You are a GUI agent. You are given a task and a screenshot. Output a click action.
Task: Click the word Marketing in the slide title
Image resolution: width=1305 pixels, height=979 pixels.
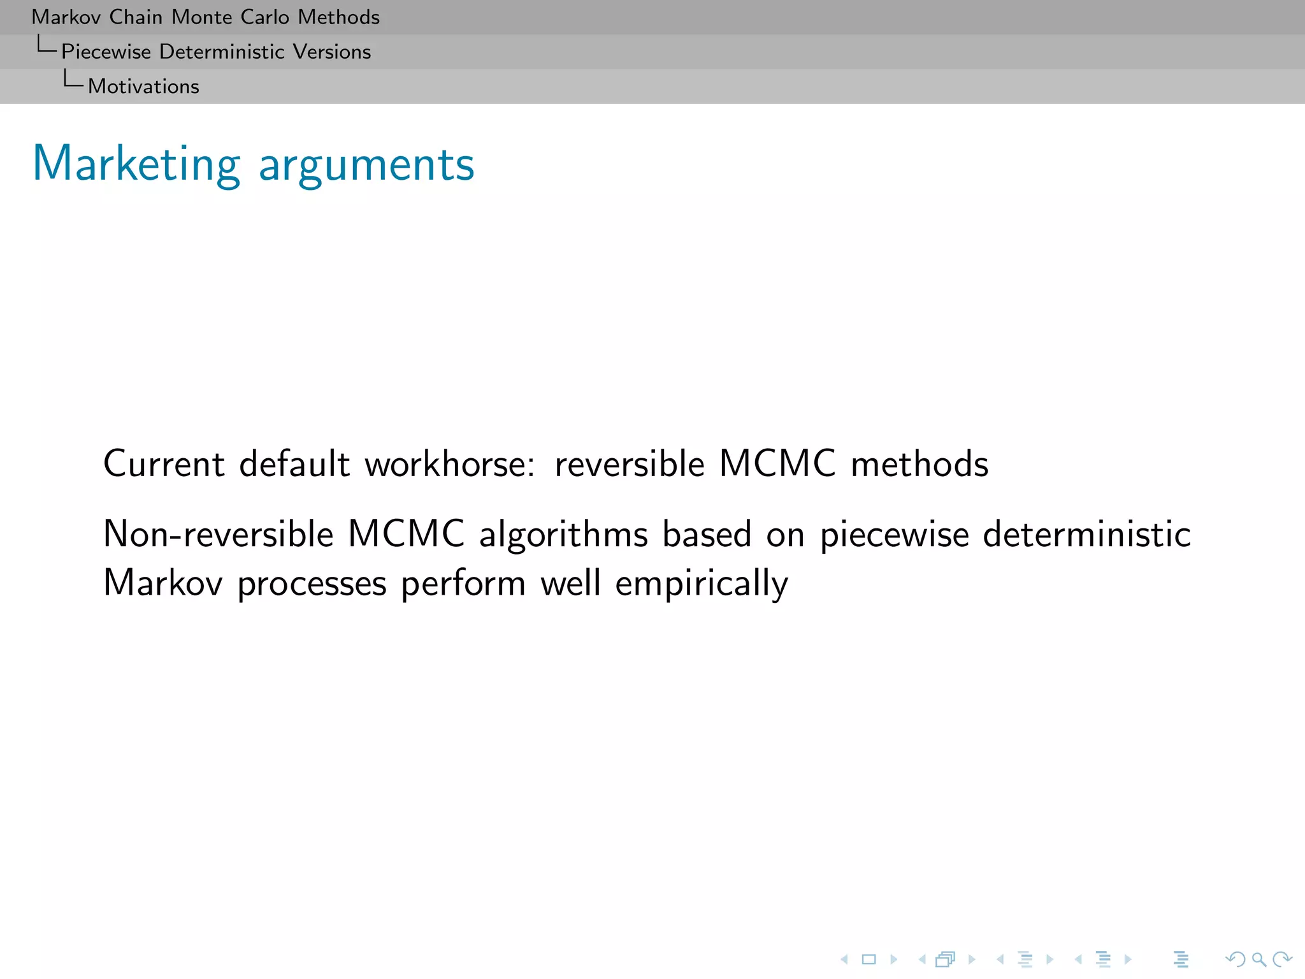(136, 164)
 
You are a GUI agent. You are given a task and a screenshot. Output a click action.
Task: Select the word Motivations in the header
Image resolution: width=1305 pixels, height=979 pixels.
(143, 87)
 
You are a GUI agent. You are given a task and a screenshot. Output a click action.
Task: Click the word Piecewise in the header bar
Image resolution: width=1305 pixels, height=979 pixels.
(106, 52)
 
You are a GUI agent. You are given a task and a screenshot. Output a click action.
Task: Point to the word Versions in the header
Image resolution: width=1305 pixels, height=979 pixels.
(331, 52)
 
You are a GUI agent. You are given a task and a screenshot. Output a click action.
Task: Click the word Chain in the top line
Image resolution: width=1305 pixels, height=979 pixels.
(135, 17)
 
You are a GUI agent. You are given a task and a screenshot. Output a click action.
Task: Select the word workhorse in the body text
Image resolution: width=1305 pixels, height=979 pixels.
(449, 463)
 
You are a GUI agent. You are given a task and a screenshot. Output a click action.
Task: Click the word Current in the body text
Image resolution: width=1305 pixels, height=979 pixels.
(164, 463)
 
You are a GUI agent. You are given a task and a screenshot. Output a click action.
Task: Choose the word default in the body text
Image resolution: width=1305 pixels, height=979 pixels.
(294, 463)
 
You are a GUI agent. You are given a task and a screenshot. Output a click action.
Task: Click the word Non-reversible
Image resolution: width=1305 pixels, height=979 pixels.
(218, 533)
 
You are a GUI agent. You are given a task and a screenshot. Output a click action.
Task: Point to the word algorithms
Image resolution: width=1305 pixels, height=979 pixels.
(563, 535)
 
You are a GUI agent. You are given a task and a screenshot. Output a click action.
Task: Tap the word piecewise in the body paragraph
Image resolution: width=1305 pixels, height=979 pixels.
(894, 535)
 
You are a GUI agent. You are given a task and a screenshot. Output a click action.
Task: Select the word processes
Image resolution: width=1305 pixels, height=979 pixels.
(312, 584)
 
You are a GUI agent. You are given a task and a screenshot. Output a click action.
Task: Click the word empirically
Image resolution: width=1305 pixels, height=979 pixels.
(702, 584)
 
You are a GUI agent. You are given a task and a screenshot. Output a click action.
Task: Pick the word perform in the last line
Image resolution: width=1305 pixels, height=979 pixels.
(463, 584)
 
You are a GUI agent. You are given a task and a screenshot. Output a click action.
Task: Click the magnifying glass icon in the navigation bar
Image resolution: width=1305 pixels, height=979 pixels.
(1258, 959)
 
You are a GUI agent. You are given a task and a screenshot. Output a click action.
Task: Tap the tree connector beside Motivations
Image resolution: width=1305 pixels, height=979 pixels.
(73, 80)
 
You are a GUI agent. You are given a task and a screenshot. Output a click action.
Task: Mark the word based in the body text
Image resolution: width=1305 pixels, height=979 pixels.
(707, 533)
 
